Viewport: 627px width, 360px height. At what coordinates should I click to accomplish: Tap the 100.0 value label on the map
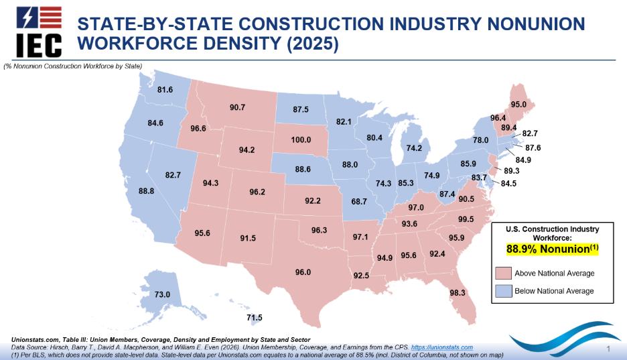click(x=301, y=140)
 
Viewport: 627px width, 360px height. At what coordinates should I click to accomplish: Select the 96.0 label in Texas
click(x=303, y=272)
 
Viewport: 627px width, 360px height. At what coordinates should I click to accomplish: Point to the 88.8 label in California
click(x=147, y=191)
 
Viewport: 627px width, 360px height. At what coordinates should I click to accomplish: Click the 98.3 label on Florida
click(x=458, y=292)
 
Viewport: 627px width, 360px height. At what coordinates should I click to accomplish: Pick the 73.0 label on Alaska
click(x=163, y=294)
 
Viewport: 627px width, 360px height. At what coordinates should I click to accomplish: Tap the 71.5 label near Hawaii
click(x=255, y=318)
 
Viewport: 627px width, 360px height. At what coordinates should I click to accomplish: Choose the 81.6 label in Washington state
click(x=165, y=90)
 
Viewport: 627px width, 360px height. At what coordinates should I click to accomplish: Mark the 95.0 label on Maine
click(x=518, y=105)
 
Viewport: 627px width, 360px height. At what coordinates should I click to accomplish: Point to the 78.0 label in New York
click(x=481, y=141)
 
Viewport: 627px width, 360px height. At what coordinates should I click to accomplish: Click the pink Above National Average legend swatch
click(x=503, y=273)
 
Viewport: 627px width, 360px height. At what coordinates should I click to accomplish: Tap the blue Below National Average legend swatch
click(x=503, y=291)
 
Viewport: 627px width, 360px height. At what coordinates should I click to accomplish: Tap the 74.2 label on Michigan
click(x=415, y=148)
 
